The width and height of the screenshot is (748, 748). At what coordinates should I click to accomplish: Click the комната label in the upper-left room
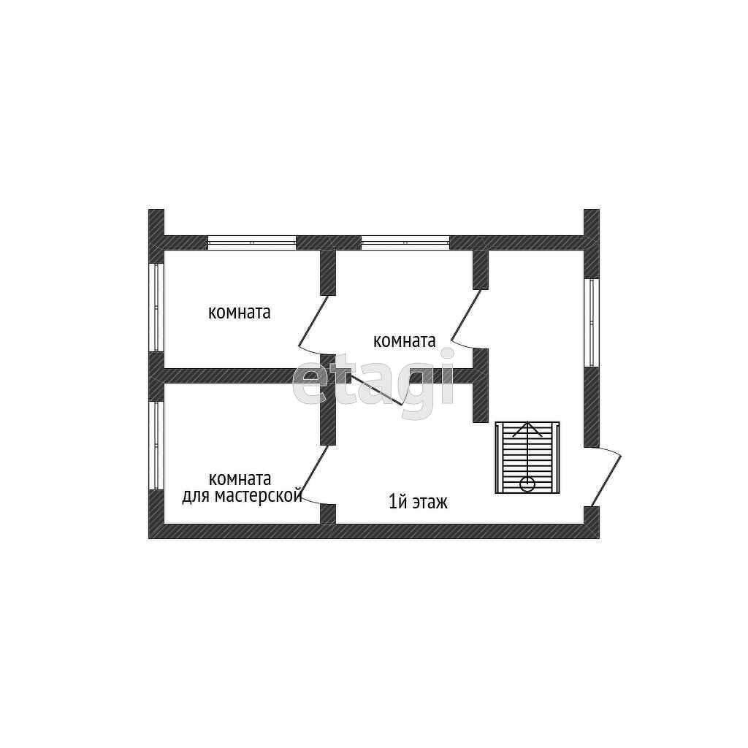240,313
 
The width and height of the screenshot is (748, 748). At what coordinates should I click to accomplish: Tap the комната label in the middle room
404,340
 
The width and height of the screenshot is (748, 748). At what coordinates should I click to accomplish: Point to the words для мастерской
242,497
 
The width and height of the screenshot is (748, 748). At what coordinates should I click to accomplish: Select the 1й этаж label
418,502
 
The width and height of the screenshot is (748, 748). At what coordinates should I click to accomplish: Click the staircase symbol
527,457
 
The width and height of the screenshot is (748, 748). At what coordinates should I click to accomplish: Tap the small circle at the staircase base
527,484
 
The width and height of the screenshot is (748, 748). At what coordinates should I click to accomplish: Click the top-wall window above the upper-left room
252,243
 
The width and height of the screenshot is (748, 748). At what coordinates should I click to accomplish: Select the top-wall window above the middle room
405,243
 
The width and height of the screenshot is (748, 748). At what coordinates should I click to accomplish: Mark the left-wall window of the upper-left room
156,307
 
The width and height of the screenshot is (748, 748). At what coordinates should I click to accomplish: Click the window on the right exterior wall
591,321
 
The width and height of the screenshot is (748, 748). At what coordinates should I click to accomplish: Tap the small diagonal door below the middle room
376,390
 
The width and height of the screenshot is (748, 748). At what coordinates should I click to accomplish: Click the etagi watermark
373,383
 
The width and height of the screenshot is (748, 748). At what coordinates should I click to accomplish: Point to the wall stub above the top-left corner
156,222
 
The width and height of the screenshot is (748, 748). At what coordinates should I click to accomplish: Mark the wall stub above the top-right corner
591,222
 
